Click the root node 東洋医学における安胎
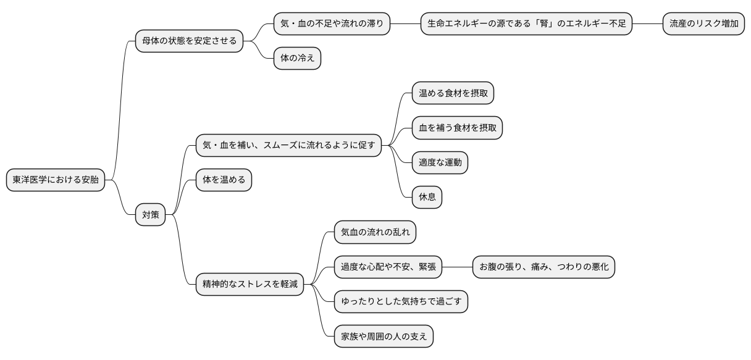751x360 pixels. click(x=56, y=180)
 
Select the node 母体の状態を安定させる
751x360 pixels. click(x=190, y=41)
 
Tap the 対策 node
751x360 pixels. click(x=151, y=215)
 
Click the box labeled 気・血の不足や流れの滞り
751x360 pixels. click(x=332, y=24)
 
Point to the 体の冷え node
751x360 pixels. click(x=297, y=59)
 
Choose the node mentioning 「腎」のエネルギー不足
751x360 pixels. click(x=526, y=24)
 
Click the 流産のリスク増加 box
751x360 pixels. click(x=703, y=24)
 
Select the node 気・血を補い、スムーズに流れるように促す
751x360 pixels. click(x=288, y=146)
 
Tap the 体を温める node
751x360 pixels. click(x=224, y=180)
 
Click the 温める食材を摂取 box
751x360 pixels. click(x=453, y=93)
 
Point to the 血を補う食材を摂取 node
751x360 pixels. click(x=457, y=128)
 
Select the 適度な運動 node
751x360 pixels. click(x=440, y=163)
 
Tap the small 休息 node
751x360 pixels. click(x=427, y=198)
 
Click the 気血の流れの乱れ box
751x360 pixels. click(x=375, y=232)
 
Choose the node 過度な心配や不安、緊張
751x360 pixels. click(x=388, y=267)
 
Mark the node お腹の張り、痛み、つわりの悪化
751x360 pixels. click(x=543, y=267)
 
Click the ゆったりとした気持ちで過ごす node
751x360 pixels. click(x=401, y=301)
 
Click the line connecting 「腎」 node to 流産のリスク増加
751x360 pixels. click(x=647, y=24)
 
